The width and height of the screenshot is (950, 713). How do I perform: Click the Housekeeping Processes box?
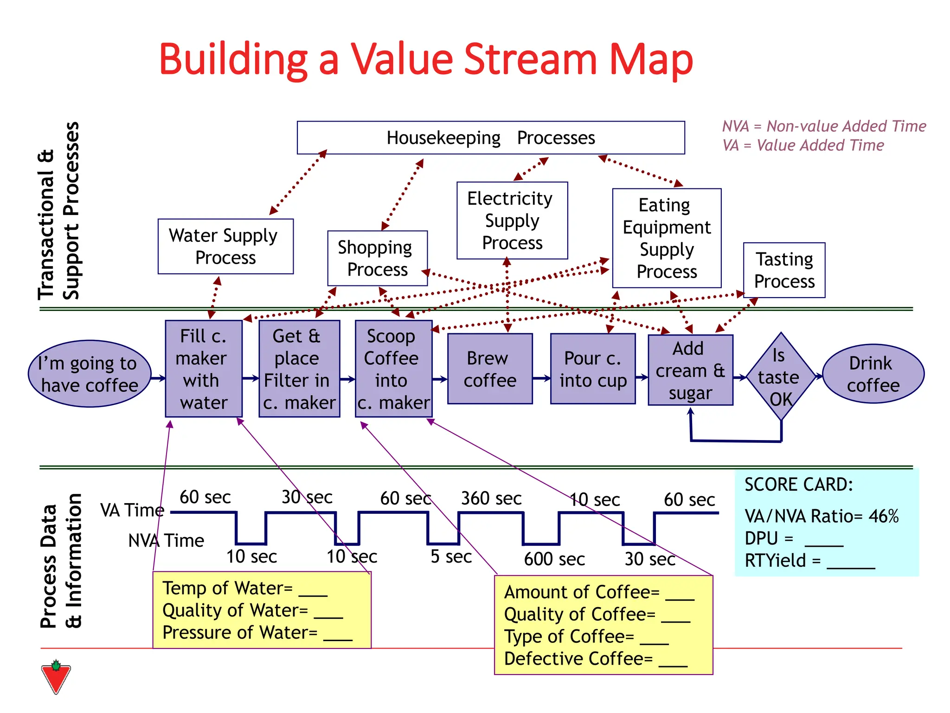(490, 138)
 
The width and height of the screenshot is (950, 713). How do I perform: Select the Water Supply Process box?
(225, 246)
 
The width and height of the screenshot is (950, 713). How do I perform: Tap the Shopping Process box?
(377, 259)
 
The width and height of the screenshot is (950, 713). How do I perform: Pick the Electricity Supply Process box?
(512, 220)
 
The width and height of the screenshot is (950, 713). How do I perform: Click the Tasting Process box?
(784, 270)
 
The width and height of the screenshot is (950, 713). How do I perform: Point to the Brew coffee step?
(490, 369)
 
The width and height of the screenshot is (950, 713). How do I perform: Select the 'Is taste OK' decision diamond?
(781, 376)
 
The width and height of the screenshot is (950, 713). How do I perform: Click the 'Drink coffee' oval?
(873, 374)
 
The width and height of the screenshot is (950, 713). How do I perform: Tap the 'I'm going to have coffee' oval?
(90, 374)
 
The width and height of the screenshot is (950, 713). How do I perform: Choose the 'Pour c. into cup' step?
(592, 369)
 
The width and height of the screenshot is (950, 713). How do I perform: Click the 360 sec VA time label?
(491, 499)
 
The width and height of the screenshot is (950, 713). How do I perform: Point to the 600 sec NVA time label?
(554, 559)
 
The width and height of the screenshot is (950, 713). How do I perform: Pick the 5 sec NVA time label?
(451, 557)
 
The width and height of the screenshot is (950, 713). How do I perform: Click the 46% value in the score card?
(883, 516)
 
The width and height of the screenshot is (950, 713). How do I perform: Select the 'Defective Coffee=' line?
(595, 659)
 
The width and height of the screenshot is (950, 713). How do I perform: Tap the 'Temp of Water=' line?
(244, 588)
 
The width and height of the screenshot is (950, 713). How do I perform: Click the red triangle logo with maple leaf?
(56, 677)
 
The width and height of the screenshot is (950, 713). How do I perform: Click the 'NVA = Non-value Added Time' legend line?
(824, 126)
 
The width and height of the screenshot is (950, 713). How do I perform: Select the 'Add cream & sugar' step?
(690, 370)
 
